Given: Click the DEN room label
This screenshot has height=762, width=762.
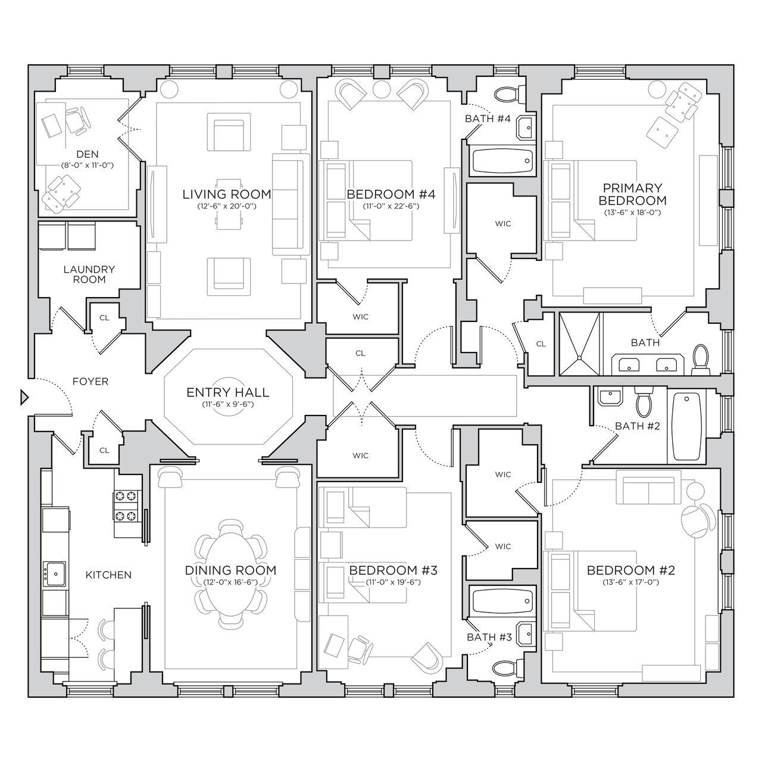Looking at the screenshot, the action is (88, 154).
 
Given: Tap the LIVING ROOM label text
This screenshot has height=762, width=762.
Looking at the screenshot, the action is (227, 194).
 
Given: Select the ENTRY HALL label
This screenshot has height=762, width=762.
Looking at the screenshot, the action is (228, 392).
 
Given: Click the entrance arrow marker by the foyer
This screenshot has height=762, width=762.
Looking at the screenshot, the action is (24, 397).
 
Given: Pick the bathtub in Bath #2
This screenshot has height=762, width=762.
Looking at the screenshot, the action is (686, 426).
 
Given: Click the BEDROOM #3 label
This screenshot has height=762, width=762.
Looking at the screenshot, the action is (393, 570).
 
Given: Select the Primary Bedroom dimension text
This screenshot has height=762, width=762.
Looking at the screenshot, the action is (632, 213).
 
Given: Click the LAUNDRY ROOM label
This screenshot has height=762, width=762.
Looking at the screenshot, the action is (89, 274).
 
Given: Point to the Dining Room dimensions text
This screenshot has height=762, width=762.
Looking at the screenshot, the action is (230, 582).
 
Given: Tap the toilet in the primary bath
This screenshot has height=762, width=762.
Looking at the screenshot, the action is (700, 359).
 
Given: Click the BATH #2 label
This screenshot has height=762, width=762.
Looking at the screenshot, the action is (638, 426).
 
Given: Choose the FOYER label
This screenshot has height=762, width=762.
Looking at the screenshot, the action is (90, 382).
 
